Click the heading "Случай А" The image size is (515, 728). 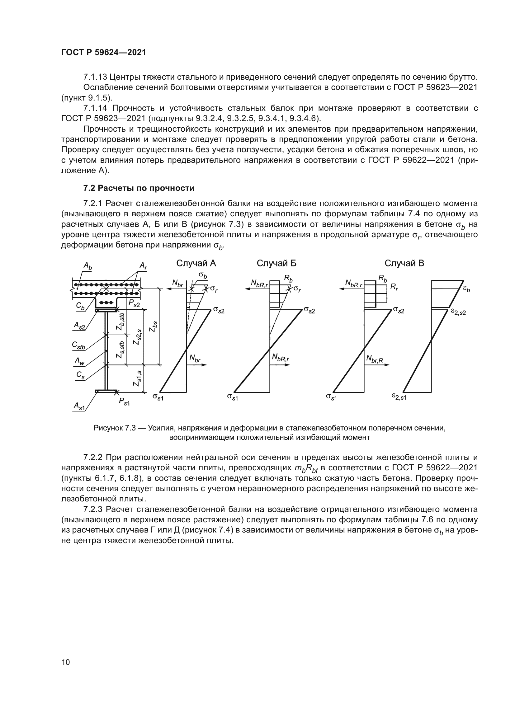(196, 263)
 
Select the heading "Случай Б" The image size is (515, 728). (276, 263)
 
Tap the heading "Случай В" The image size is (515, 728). (404, 263)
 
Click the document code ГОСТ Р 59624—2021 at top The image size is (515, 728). (104, 53)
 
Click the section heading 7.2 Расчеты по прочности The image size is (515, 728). (139, 188)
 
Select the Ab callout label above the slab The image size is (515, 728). (87, 266)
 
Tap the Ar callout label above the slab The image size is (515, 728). (144, 266)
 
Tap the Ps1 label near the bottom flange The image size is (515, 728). (124, 401)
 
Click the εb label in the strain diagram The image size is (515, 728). (466, 289)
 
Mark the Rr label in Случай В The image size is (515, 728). (394, 287)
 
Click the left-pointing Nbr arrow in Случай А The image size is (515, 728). (169, 289)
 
